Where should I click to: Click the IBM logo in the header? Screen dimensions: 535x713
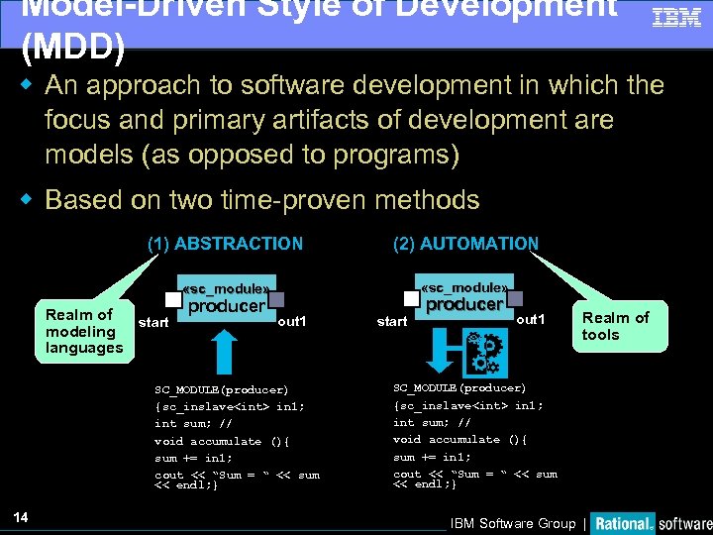676,17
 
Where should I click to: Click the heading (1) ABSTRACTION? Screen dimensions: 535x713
225,244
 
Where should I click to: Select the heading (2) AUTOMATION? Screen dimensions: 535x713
465,244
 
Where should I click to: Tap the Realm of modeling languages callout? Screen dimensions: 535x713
84,331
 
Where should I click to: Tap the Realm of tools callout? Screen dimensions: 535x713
615,326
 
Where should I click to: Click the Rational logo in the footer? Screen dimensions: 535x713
624,523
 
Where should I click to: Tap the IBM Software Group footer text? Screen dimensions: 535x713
512,523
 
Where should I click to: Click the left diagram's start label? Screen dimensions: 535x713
153,322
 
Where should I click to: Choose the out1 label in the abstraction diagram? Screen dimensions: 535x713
292,322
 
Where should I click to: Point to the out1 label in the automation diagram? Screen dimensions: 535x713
531,319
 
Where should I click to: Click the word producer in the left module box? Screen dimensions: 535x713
227,306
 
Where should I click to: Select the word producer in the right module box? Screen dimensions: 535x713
465,304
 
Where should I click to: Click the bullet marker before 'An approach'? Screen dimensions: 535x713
29,84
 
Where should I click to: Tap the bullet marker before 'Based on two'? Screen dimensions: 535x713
29,199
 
